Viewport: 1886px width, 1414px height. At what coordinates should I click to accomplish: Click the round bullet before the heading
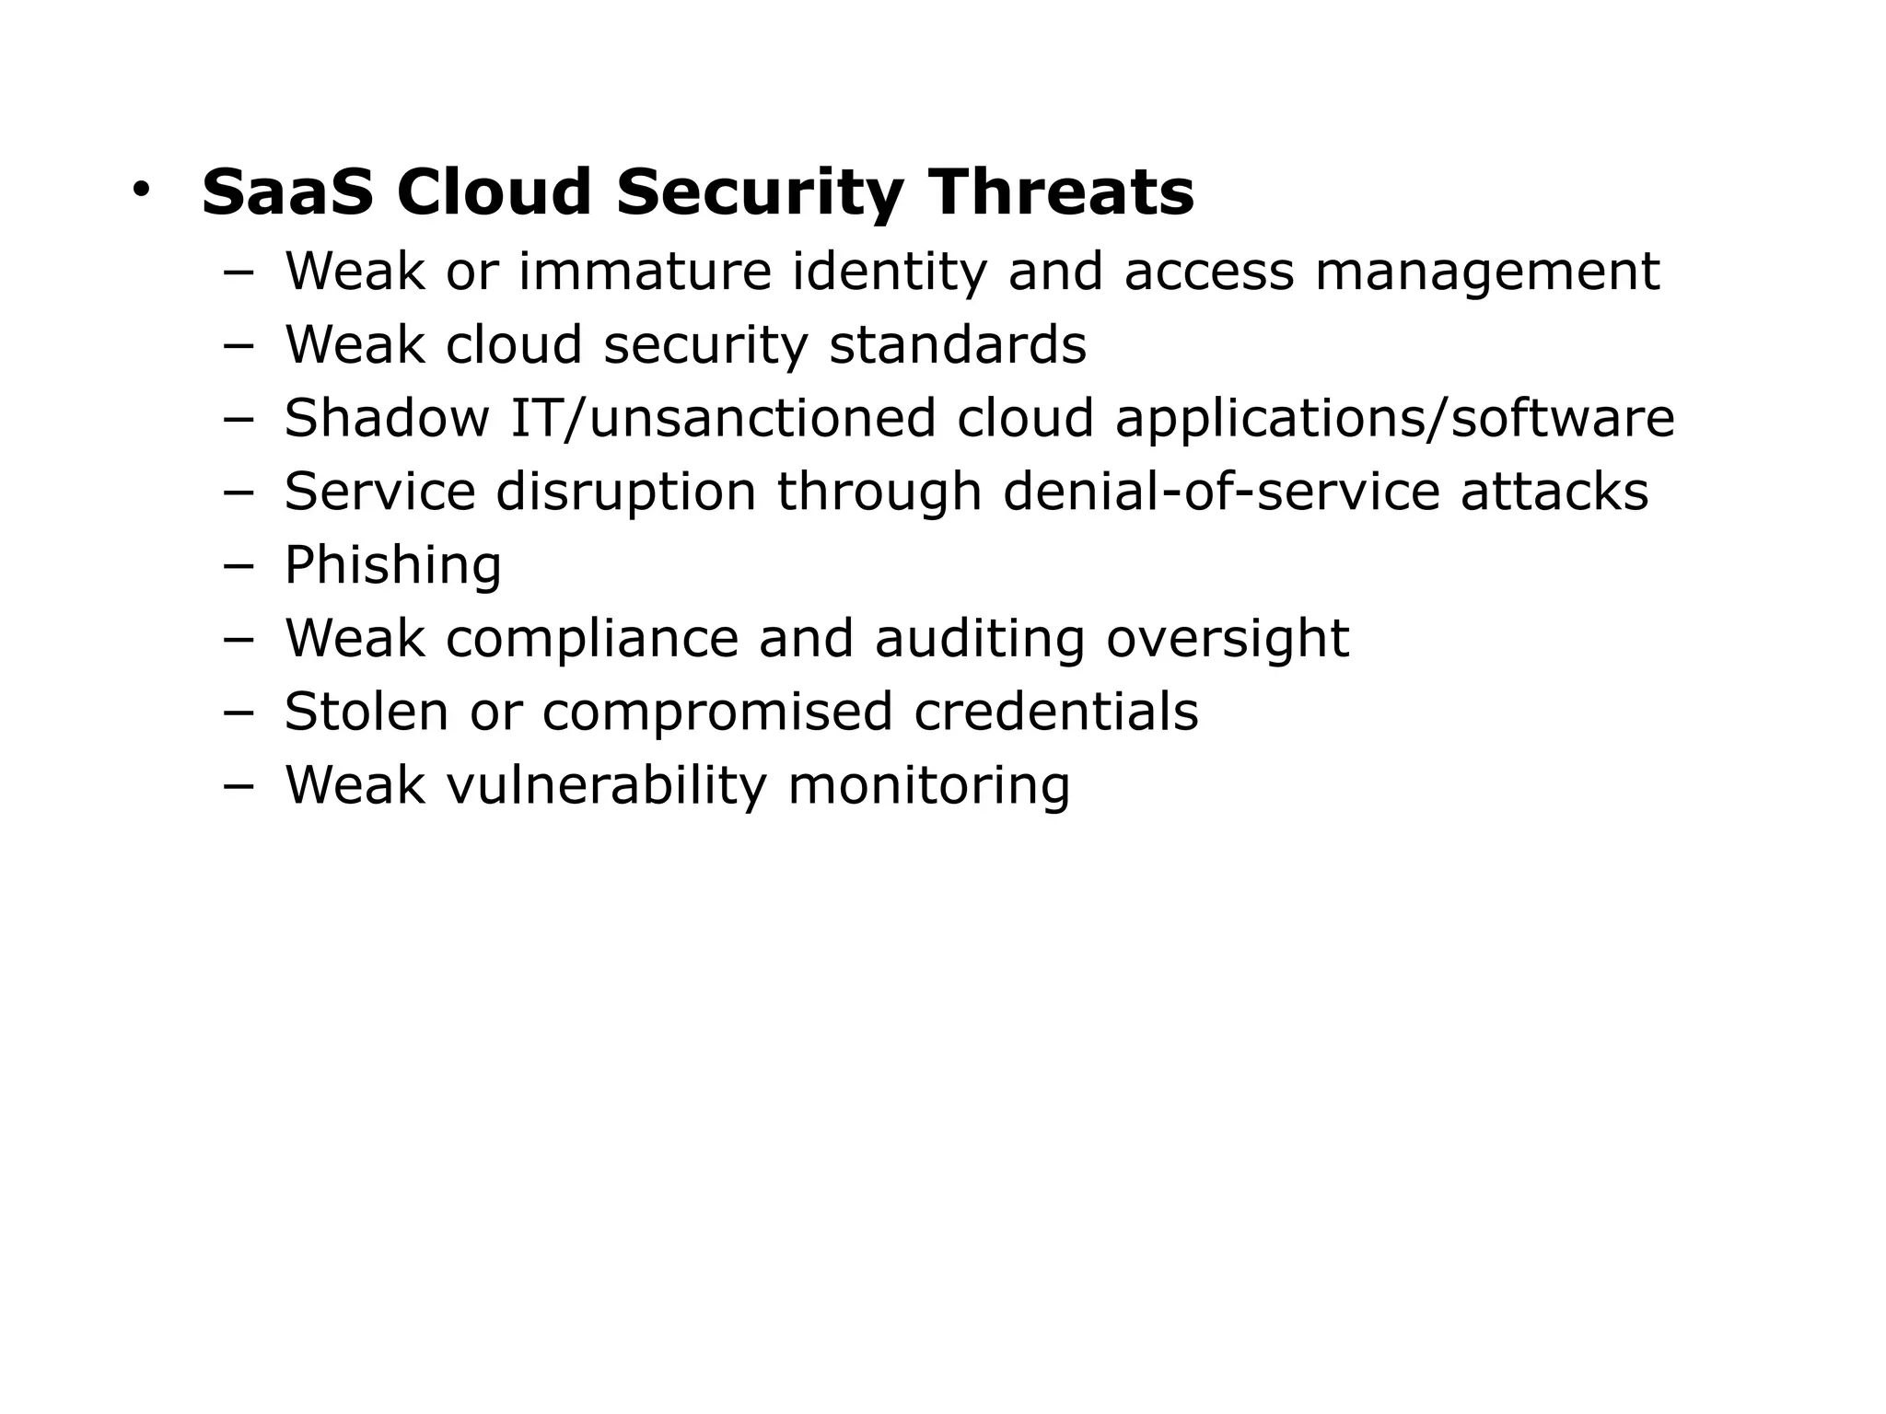click(x=140, y=190)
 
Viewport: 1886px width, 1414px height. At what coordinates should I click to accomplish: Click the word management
click(x=1486, y=273)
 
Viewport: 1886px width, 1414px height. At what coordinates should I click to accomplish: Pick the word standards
click(x=958, y=345)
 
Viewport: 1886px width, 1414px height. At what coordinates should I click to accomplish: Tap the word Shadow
click(x=387, y=418)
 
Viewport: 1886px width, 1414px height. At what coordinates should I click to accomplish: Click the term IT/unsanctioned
click(x=723, y=418)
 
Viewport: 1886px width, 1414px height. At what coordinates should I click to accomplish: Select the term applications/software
click(x=1394, y=420)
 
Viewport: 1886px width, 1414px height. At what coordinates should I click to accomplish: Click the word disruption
click(x=626, y=493)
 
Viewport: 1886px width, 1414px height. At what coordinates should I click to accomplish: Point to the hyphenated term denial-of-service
click(x=1221, y=492)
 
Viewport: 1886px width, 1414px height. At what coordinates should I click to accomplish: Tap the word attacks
click(x=1554, y=492)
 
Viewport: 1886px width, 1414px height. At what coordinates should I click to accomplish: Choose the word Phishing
click(x=393, y=566)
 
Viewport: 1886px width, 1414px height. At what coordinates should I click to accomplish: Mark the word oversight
click(x=1228, y=640)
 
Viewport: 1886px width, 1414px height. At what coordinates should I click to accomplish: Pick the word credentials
click(x=1056, y=712)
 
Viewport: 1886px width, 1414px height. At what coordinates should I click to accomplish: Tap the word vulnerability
click(x=606, y=786)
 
